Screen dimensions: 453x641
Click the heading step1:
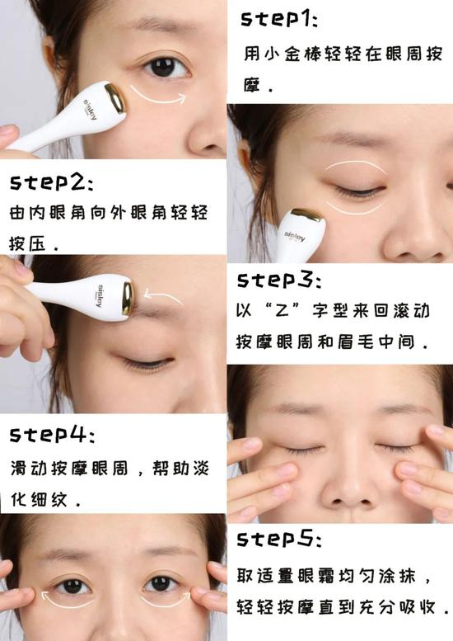coord(278,20)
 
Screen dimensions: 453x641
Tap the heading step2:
coord(51,182)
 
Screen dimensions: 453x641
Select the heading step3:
coord(278,280)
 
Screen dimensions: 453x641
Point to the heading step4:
coord(52,435)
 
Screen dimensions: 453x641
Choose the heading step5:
coord(279,539)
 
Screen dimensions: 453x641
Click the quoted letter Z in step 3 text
coord(283,312)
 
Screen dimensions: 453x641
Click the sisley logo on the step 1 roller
coord(91,109)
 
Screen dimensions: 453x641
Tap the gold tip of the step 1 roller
coord(115,97)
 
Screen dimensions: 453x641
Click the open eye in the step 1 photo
coord(165,68)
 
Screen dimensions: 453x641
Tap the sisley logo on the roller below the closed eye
coord(295,236)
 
